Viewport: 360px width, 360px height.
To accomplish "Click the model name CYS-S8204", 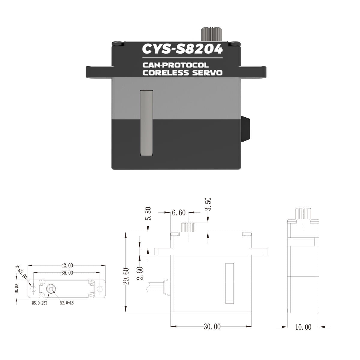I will point(182,49).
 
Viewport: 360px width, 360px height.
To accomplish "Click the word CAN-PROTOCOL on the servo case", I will point(176,65).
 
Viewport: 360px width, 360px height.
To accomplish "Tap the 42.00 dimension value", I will point(67,265).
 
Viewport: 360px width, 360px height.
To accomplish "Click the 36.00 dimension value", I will point(67,273).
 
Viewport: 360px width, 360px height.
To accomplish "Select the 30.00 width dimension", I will point(212,326).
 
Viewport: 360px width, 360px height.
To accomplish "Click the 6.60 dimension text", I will point(179,213).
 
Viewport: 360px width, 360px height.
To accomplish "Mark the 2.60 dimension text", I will point(140,273).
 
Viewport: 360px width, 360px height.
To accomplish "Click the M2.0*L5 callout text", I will point(67,303).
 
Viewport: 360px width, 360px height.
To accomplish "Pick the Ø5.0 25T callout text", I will point(40,303).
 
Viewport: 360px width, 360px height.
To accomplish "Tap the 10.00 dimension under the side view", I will point(303,327).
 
